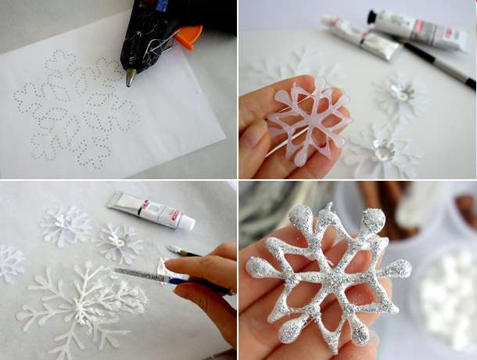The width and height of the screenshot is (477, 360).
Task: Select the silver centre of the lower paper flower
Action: [x=384, y=152]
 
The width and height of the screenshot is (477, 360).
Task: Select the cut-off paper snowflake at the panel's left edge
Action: [x=9, y=263]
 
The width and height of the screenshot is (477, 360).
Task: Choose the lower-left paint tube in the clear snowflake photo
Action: [x=360, y=39]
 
